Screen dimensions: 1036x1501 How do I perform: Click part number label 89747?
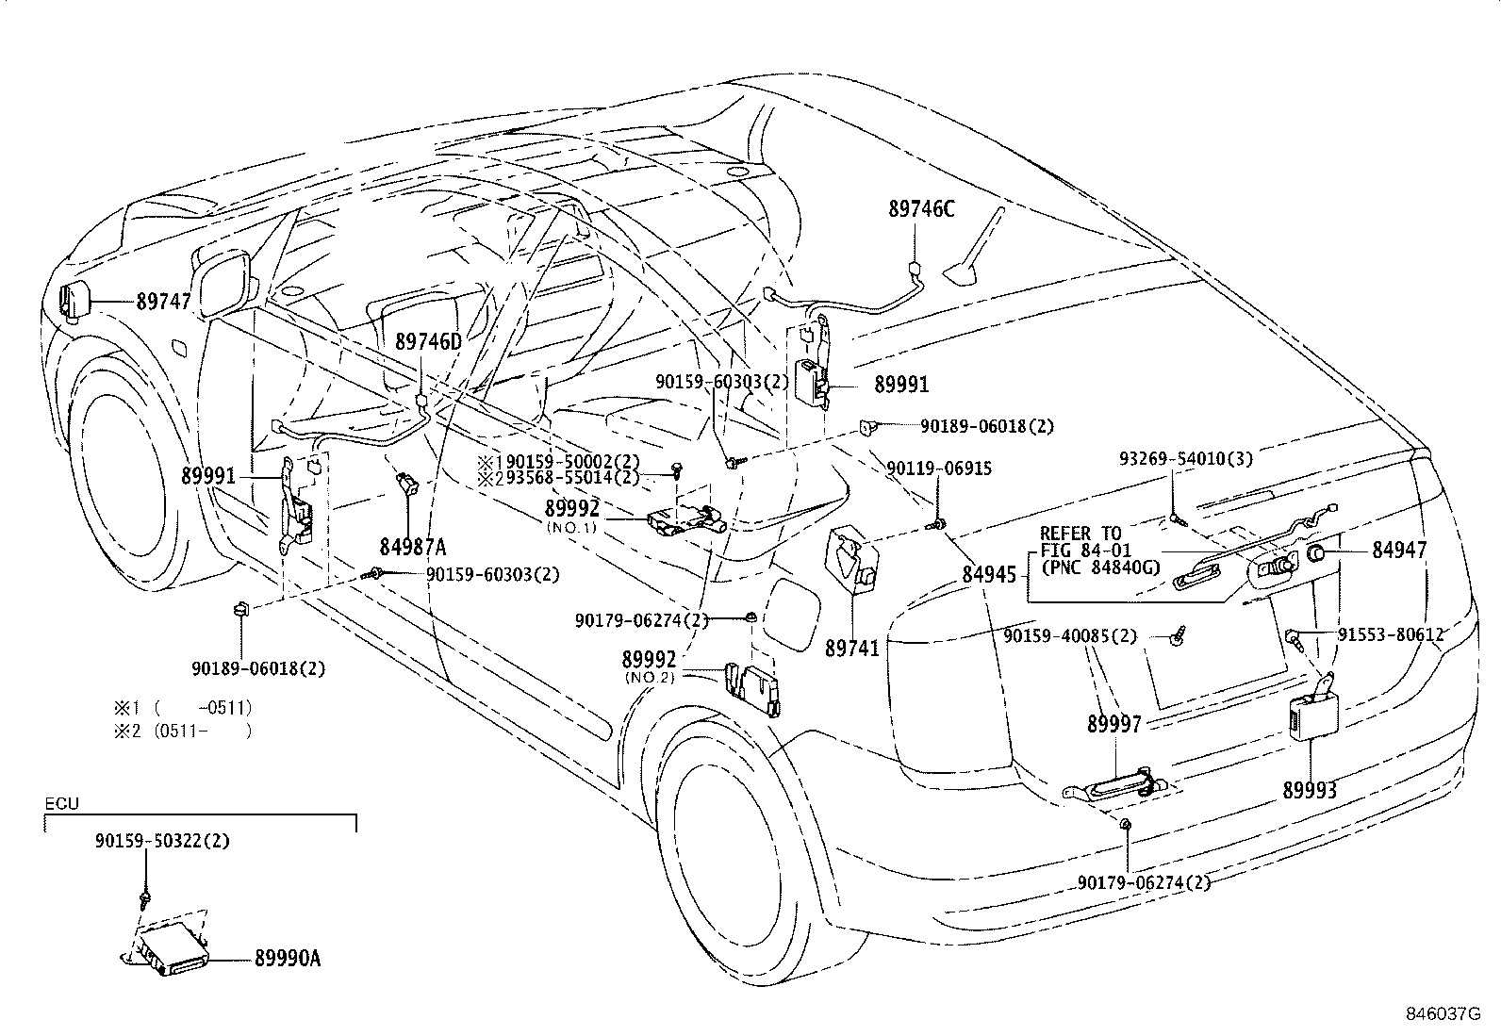coord(163,303)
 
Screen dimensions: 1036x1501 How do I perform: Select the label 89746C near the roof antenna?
coord(920,209)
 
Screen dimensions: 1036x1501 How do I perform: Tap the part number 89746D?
coord(428,341)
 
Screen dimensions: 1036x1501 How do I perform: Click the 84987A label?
coord(413,547)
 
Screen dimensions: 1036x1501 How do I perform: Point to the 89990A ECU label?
coord(288,959)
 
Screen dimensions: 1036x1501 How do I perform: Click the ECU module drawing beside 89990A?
coord(170,946)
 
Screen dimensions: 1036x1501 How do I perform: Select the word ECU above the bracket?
coord(62,805)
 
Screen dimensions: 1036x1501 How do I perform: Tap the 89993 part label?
coord(1309,790)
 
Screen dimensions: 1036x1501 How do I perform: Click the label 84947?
coord(1399,551)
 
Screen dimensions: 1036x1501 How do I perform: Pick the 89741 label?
coord(851,649)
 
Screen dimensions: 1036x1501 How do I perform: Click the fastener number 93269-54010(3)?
coord(1186,459)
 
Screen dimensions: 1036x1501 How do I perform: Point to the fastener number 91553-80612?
coord(1391,635)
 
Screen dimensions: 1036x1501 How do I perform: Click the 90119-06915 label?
coord(938,469)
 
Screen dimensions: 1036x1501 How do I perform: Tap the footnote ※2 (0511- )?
coord(183,730)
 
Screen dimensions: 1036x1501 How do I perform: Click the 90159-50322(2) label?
coord(161,841)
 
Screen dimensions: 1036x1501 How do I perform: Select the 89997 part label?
coord(1113,724)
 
